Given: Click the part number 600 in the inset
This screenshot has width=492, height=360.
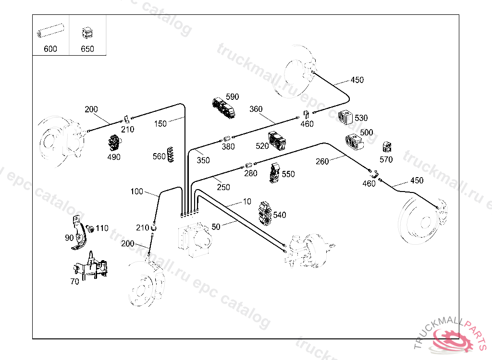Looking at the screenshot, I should [x=50, y=49].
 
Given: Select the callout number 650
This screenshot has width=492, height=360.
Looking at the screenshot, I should [x=87, y=49].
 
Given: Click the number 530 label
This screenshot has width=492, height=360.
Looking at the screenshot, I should [x=361, y=118].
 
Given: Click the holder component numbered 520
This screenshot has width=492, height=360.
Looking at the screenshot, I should [x=278, y=141].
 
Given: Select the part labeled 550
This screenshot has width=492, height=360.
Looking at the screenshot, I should [x=275, y=173].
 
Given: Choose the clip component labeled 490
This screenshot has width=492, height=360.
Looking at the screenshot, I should [x=114, y=143].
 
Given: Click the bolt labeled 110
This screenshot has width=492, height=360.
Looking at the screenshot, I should [x=89, y=228].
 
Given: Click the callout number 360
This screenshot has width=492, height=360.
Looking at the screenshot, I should [x=256, y=109].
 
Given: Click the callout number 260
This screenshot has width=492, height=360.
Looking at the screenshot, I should [x=322, y=161].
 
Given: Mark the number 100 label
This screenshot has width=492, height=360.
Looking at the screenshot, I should [x=137, y=192].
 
